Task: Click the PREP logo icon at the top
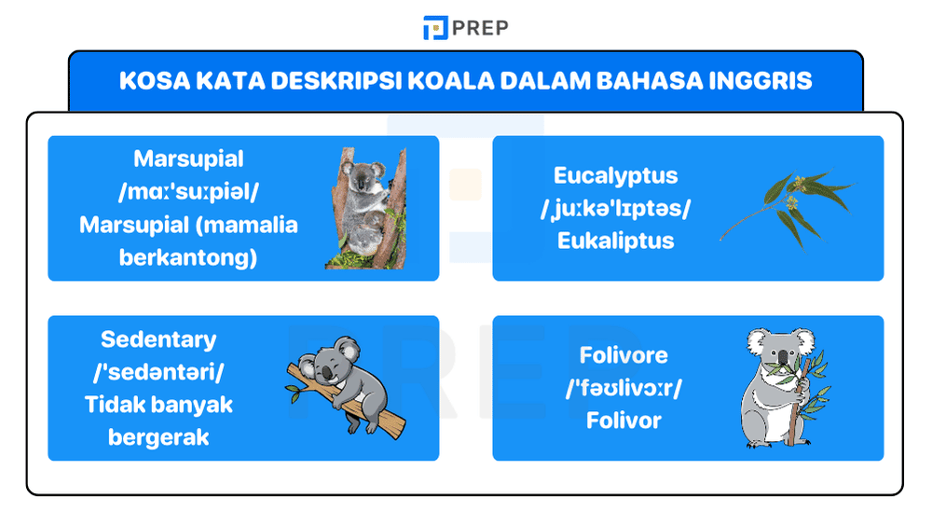[434, 28]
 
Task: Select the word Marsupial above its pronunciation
[188, 159]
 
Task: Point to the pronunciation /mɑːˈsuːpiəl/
[188, 192]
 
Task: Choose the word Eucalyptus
[615, 175]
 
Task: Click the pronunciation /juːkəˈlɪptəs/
[615, 208]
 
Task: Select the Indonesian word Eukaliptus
[615, 241]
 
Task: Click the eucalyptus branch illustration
[786, 207]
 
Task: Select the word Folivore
[624, 355]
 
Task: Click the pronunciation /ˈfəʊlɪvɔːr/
[624, 388]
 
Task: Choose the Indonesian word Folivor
[624, 421]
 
